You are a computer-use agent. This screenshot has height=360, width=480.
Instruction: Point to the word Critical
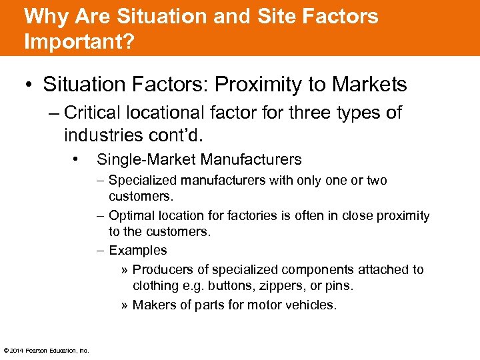pyautogui.click(x=93, y=113)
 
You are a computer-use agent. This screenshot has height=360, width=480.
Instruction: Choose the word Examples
pyautogui.click(x=138, y=251)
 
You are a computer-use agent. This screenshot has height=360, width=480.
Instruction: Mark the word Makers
pyautogui.click(x=154, y=305)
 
